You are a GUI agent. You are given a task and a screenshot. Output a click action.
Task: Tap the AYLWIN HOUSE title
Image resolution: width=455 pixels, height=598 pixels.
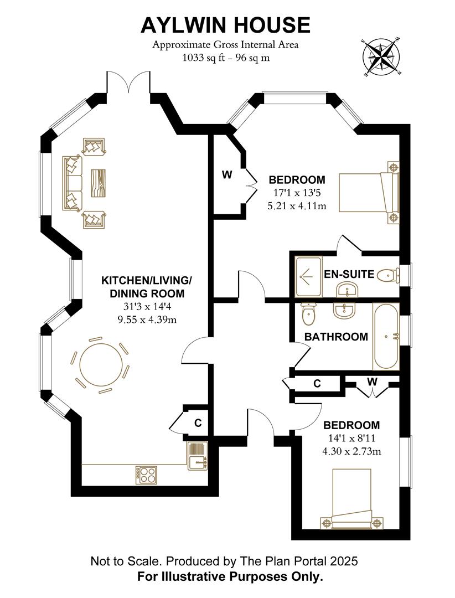click(225, 25)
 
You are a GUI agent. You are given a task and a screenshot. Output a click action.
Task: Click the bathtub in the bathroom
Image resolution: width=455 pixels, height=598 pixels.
click(386, 336)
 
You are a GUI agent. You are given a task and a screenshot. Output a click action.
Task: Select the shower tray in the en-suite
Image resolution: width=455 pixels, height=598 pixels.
click(308, 276)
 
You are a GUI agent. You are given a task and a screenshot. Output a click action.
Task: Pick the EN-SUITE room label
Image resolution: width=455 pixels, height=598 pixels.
click(349, 274)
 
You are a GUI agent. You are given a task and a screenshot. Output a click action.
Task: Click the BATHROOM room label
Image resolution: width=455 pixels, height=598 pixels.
click(336, 337)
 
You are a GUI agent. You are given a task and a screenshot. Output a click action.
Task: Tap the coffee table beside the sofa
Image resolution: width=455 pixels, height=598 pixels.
click(98, 183)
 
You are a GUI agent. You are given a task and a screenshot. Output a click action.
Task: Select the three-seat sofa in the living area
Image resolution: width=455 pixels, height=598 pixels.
click(72, 183)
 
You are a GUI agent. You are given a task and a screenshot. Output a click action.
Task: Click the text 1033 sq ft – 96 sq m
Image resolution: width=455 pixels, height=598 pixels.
click(226, 58)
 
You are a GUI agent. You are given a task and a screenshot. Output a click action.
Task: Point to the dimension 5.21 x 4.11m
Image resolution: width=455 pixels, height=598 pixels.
click(297, 206)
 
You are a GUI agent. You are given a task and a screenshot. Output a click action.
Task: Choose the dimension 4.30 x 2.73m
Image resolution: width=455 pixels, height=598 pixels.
click(351, 451)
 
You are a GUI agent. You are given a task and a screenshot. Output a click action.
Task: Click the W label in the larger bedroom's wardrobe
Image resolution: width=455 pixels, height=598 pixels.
click(227, 175)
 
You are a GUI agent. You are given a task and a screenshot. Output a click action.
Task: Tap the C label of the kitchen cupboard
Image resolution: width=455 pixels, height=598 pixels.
click(198, 422)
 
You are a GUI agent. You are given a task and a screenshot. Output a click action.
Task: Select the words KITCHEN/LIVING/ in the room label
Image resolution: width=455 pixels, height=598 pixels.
click(147, 281)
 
